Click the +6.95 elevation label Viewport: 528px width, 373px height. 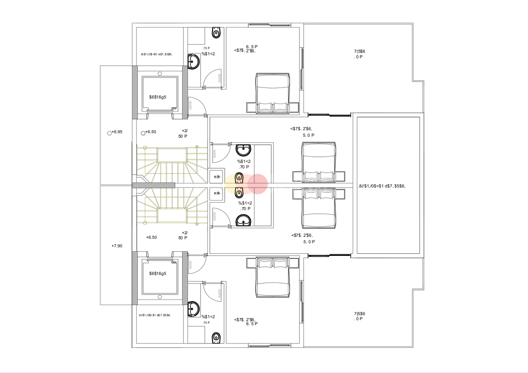[117, 132]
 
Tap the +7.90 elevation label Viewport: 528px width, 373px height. [117, 246]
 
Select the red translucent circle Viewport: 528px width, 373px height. [258, 184]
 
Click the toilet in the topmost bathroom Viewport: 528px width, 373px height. [217, 34]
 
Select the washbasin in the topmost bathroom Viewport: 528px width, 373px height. [194, 62]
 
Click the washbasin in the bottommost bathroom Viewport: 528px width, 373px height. [194, 308]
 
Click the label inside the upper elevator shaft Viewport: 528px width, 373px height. [158, 97]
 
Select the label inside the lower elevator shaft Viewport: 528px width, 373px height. [158, 273]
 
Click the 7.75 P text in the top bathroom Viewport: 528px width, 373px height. [206, 48]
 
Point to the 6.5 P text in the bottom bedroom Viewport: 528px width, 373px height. [252, 324]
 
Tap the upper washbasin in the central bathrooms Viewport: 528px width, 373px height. [244, 150]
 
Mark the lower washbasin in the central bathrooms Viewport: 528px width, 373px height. [244, 220]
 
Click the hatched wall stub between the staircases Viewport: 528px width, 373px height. [154, 185]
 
